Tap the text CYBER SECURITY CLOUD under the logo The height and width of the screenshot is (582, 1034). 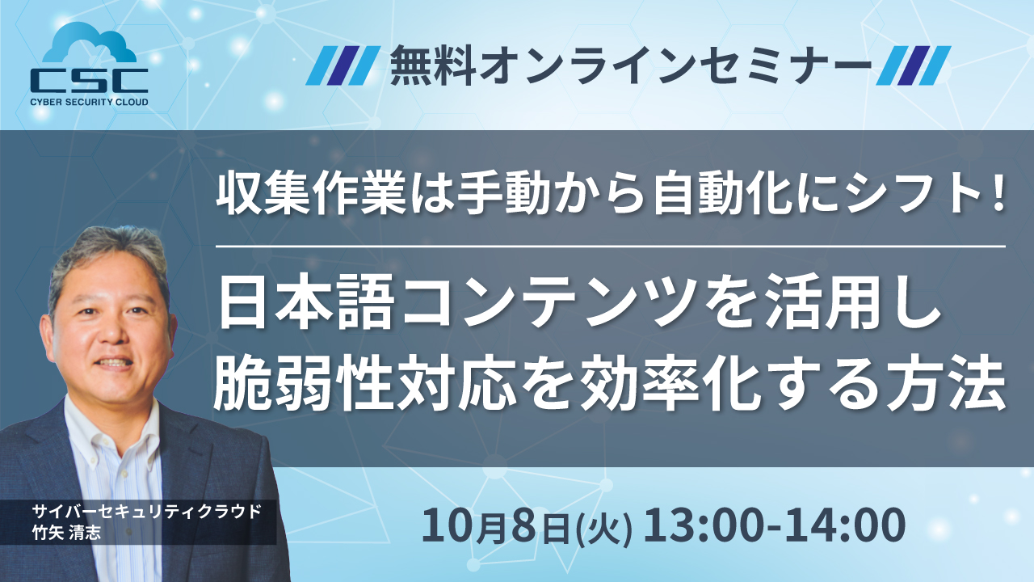[90, 103]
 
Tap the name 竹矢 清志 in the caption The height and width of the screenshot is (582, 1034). [69, 532]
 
